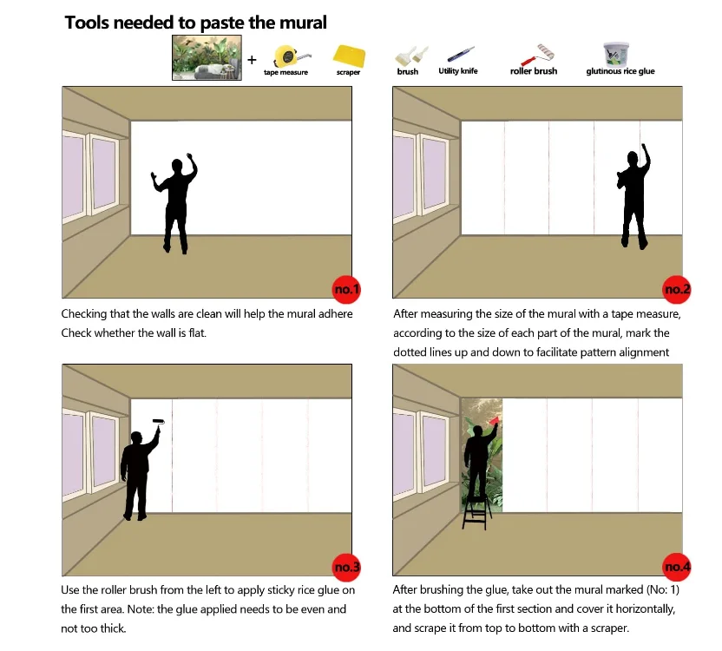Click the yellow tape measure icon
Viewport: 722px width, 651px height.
point(290,56)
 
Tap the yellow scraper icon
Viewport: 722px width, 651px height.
point(349,56)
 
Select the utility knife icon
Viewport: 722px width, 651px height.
point(461,54)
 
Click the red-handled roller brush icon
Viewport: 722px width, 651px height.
point(537,55)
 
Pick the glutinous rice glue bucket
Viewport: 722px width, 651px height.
point(616,55)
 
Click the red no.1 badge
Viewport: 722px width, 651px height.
point(346,289)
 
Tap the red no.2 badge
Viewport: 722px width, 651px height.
point(676,289)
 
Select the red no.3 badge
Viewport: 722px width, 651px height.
point(346,567)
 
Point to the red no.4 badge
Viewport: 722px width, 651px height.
point(676,567)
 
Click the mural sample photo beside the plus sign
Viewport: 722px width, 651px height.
point(207,57)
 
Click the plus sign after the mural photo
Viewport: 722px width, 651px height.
point(252,60)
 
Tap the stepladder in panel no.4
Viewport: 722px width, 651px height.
point(477,512)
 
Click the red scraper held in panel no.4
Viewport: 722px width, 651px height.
point(494,421)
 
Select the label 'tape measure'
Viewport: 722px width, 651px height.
point(286,72)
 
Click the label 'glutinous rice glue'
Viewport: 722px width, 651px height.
point(620,71)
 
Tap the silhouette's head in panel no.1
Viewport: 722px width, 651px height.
point(177,166)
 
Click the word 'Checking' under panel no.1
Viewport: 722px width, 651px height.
point(84,314)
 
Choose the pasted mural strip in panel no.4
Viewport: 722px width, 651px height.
point(482,455)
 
